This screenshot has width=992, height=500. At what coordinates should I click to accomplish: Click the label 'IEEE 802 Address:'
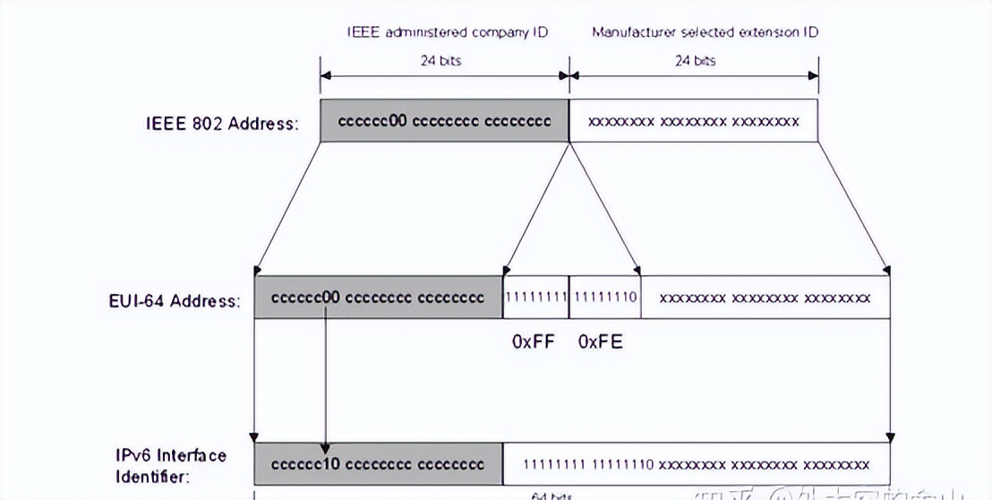click(221, 124)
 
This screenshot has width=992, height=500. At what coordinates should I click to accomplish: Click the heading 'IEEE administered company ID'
click(448, 32)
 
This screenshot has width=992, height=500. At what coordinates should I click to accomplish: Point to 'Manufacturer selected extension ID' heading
click(705, 32)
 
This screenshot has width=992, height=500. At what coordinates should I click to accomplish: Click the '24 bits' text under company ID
click(445, 61)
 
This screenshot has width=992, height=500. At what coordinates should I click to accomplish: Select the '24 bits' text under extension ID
click(695, 61)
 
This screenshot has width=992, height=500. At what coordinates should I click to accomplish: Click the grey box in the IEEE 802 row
click(444, 121)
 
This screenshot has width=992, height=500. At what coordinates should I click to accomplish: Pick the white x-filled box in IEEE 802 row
click(693, 121)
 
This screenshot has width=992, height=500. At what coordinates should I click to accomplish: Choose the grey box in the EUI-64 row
click(378, 297)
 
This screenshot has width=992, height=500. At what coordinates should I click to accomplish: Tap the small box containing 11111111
click(535, 297)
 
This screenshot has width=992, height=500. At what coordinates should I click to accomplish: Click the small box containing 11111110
click(604, 297)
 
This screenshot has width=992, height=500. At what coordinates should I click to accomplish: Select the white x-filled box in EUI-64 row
click(765, 297)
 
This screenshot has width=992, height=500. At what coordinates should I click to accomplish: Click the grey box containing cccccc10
click(378, 464)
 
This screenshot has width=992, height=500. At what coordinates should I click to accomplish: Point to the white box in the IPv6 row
click(697, 464)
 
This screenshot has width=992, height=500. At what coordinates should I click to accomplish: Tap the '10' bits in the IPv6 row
click(330, 464)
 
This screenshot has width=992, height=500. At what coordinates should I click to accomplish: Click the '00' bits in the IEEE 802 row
click(398, 121)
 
